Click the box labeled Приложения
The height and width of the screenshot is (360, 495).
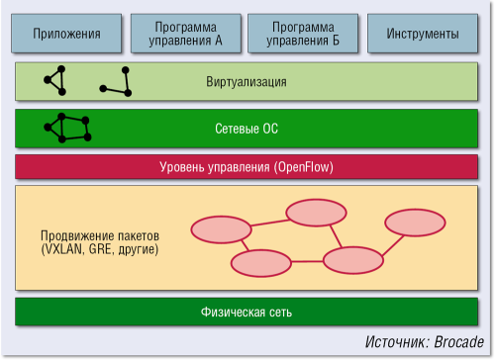[67, 34]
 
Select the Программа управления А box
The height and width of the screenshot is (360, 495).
[185, 34]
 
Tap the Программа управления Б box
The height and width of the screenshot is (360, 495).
[303, 34]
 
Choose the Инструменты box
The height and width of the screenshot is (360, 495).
[421, 34]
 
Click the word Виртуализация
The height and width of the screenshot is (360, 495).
[247, 82]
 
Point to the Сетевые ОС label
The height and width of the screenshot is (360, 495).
[247, 129]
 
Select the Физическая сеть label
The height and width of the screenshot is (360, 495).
[247, 313]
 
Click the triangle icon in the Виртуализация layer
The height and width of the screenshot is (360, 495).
[56, 81]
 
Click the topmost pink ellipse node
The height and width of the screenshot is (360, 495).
[314, 213]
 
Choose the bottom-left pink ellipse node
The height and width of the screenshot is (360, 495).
[258, 263]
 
